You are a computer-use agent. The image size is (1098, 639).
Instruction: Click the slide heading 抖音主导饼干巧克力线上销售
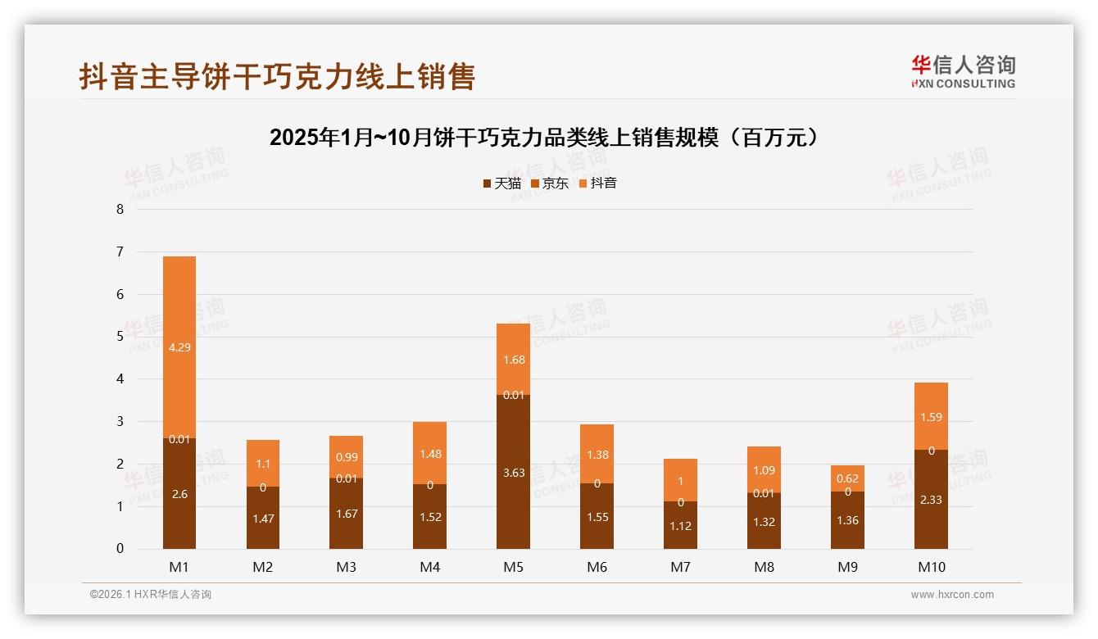277,76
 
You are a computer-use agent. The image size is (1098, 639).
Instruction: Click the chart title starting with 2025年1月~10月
544,138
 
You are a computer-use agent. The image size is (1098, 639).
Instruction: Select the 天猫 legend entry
502,184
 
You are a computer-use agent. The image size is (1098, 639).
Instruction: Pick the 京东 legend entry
550,184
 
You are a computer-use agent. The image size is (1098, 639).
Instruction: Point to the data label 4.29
179,347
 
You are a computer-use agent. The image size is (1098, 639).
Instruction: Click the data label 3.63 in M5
514,473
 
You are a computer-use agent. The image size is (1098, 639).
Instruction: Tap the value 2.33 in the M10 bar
931,499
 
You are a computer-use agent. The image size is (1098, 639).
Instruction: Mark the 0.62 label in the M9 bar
847,478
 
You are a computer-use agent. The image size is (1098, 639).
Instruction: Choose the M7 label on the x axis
681,567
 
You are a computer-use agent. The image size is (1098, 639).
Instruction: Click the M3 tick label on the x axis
347,567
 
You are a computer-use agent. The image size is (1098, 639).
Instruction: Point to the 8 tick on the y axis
120,210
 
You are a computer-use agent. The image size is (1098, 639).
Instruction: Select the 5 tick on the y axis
120,337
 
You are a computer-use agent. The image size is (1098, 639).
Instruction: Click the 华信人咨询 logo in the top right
963,72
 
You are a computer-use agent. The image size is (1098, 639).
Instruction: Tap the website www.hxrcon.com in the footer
952,595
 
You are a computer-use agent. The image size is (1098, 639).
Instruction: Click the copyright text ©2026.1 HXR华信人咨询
151,595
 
